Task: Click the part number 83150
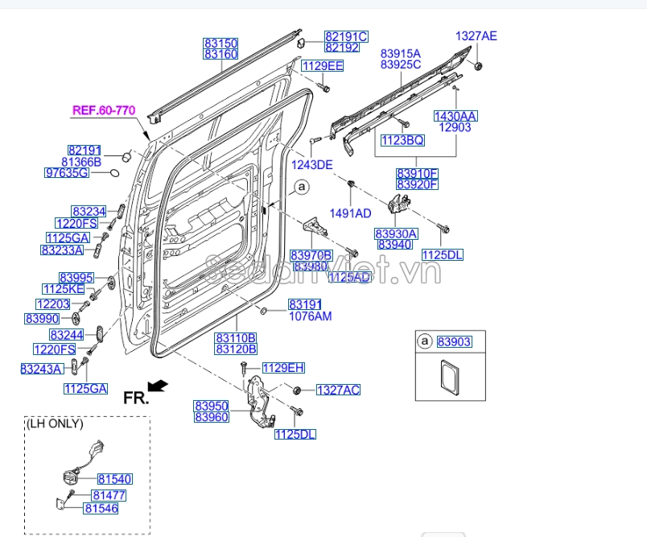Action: pos(220,43)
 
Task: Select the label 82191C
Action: pos(346,36)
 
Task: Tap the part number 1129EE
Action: pos(322,66)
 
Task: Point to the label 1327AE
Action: pos(476,35)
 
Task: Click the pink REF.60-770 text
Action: pos(104,110)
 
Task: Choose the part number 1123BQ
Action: pos(402,140)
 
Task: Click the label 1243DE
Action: pos(311,165)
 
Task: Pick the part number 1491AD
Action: pos(352,213)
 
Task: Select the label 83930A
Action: pos(396,233)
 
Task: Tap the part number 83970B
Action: pos(311,255)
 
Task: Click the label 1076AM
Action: pos(310,316)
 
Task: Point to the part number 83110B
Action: pos(236,337)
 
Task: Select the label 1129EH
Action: pos(284,368)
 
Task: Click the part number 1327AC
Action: pos(338,390)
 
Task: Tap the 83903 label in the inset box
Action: pos(455,342)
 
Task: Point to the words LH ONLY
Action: pos(55,423)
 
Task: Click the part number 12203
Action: pos(53,304)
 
